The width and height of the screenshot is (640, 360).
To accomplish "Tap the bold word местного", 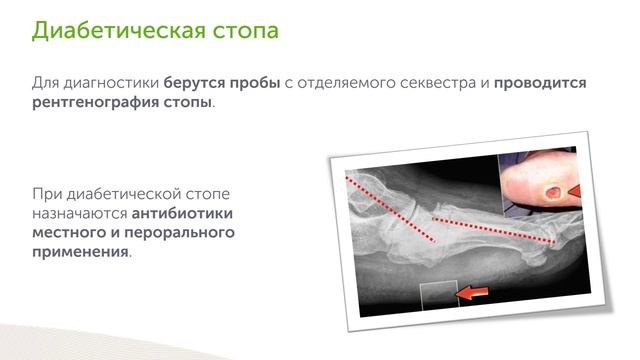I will tap(66, 233).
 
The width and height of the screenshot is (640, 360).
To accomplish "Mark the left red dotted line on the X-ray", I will tap(390, 206).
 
